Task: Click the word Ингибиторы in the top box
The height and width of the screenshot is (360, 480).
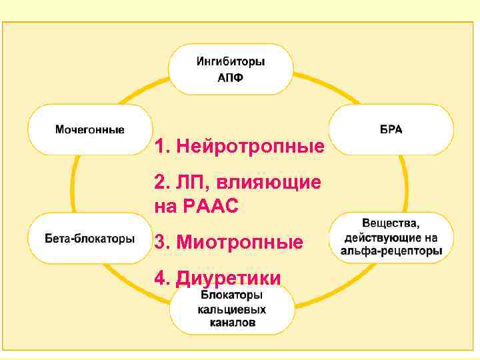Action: pyautogui.click(x=231, y=61)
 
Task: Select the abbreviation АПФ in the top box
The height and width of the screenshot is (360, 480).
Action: pyautogui.click(x=231, y=77)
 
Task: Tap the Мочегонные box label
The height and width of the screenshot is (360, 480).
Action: pyautogui.click(x=89, y=129)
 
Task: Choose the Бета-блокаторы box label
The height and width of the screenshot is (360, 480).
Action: pyautogui.click(x=90, y=238)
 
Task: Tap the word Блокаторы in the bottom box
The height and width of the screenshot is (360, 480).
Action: pyautogui.click(x=231, y=295)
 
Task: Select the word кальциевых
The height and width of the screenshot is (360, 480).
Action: pyautogui.click(x=231, y=309)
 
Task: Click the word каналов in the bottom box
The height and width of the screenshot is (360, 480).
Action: pyautogui.click(x=231, y=324)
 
